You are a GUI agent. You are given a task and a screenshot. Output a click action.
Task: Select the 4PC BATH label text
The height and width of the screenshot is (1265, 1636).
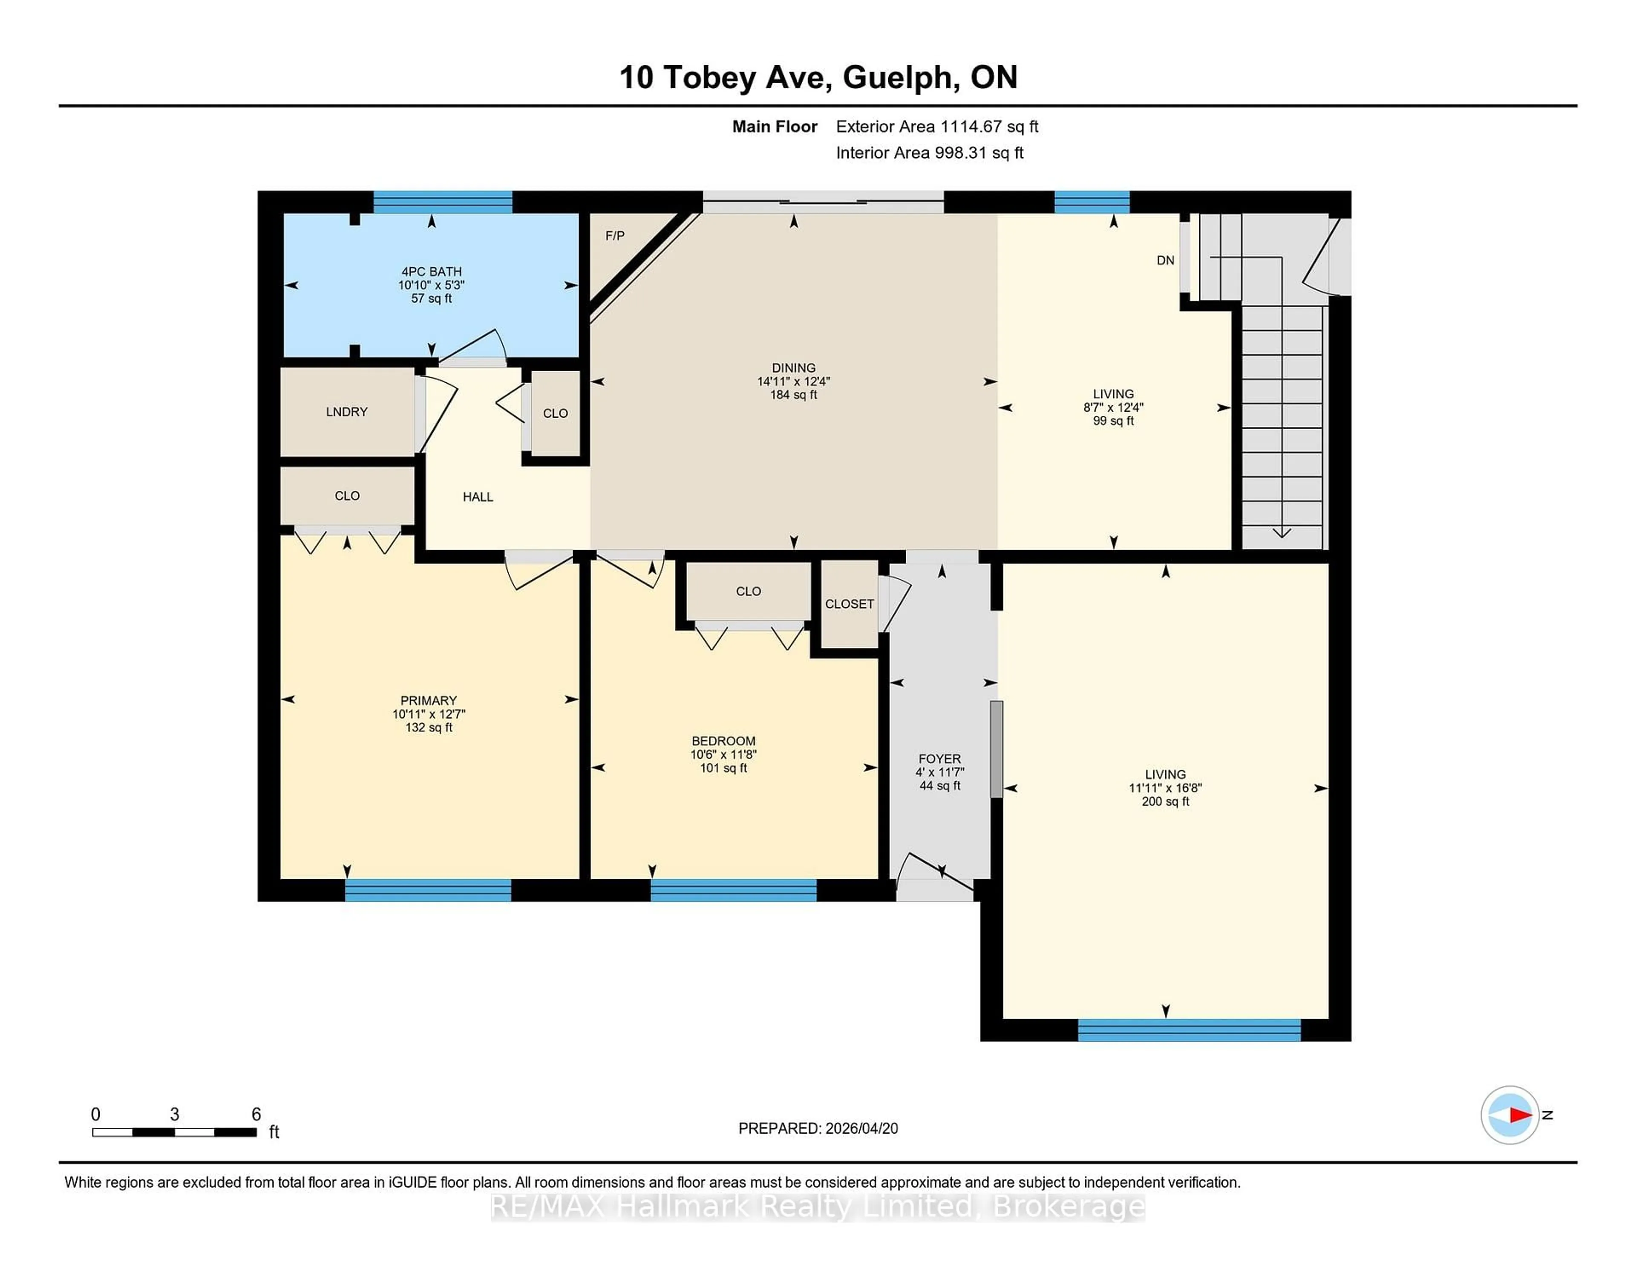pos(432,272)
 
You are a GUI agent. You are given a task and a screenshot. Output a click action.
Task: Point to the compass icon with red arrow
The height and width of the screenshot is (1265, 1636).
pos(1509,1115)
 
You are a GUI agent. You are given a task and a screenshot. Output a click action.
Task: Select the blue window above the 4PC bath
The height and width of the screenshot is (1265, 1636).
pos(443,202)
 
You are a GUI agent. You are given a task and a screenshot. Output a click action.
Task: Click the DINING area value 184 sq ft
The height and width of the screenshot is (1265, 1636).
pos(793,395)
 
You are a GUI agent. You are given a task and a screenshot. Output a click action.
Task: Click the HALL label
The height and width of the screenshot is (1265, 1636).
pos(478,497)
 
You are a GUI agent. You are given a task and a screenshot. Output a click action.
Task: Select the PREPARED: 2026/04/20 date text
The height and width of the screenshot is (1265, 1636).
pos(818,1129)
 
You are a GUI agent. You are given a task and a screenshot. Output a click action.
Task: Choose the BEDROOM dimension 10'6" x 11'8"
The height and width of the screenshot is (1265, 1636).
pos(723,755)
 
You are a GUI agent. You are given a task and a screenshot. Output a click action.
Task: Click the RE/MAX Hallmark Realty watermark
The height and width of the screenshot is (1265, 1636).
pos(818,1207)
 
